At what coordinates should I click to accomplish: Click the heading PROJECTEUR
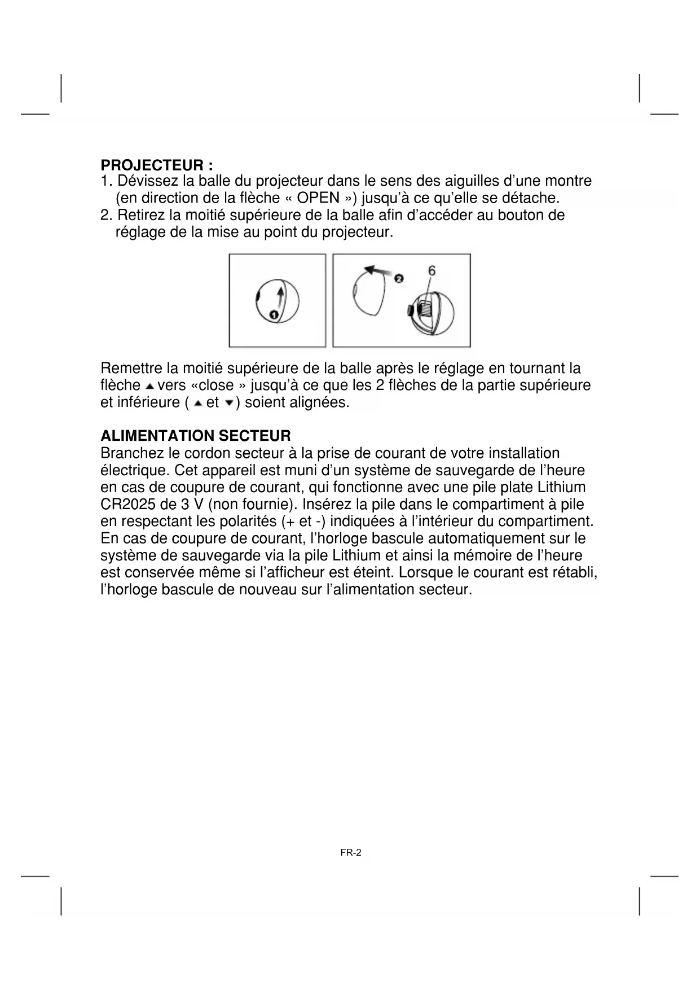[156, 165]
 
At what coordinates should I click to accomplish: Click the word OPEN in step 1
[318, 198]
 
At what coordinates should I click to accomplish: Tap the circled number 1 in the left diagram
[273, 314]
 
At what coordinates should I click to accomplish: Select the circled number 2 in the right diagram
[398, 278]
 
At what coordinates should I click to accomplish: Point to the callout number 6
[432, 271]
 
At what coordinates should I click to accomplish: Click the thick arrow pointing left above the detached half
[378, 271]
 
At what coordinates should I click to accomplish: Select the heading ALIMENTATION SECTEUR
[195, 436]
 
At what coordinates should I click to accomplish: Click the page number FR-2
[350, 852]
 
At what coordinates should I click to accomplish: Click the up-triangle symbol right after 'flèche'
[149, 387]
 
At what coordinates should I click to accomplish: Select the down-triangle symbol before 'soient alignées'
[228, 403]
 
